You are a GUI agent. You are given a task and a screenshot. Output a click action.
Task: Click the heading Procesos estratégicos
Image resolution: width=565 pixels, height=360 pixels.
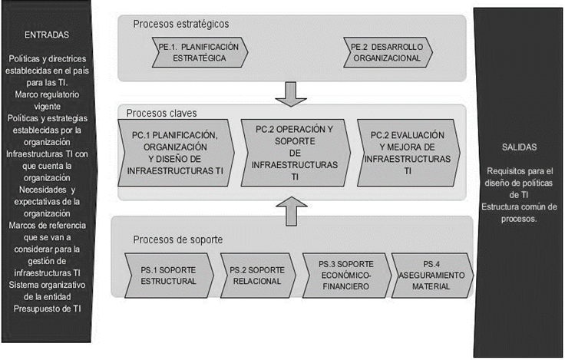coord(180,25)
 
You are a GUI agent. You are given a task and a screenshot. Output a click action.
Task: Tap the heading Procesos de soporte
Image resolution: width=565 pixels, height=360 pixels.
coord(178,239)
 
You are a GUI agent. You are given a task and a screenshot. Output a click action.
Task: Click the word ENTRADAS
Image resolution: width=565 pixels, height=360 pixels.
coord(47,35)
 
